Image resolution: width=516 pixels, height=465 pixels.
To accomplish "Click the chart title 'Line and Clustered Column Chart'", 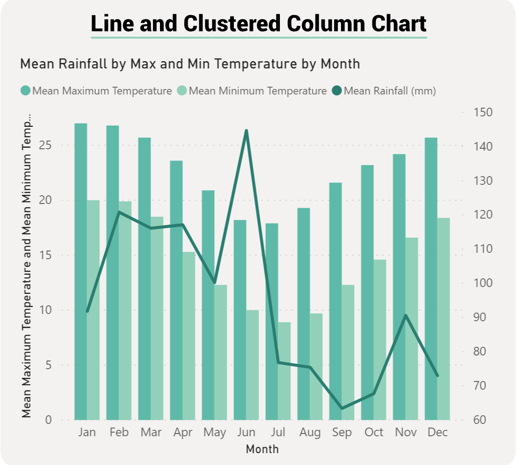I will [258, 23].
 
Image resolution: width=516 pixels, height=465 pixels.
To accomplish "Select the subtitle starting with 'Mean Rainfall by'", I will [190, 64].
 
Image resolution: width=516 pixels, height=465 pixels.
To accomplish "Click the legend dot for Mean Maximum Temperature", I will [26, 91].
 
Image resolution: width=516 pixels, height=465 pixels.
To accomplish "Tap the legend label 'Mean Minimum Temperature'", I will [258, 91].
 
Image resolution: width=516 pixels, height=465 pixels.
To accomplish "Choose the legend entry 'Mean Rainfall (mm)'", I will [390, 91].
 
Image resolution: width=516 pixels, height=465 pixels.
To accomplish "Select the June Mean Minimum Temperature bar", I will [253, 365].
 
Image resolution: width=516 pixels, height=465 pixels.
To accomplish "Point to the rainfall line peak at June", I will [246, 131].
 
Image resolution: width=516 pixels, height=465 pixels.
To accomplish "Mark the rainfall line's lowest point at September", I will [342, 408].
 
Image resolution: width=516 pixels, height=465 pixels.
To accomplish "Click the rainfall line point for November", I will [406, 315].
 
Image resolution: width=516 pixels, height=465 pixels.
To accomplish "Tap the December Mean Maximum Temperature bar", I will [431, 278].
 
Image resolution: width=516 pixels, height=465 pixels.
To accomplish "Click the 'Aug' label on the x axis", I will [310, 432].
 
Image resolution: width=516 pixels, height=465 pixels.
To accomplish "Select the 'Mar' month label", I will [151, 432].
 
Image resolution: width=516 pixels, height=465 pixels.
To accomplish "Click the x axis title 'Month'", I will [262, 449].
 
